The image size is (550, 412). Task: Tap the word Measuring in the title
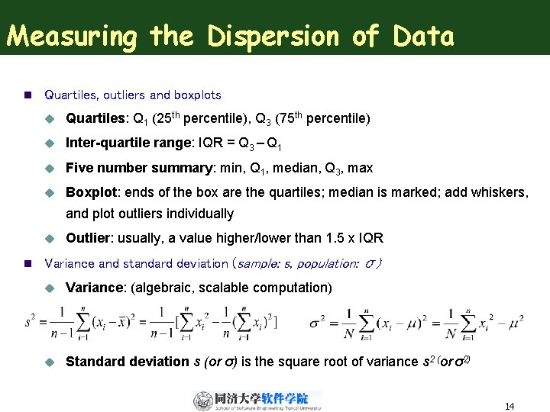(70, 36)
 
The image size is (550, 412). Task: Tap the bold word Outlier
(88, 238)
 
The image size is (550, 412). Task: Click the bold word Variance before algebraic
(95, 288)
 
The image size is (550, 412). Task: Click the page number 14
(509, 407)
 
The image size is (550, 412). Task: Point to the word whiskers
(500, 192)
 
